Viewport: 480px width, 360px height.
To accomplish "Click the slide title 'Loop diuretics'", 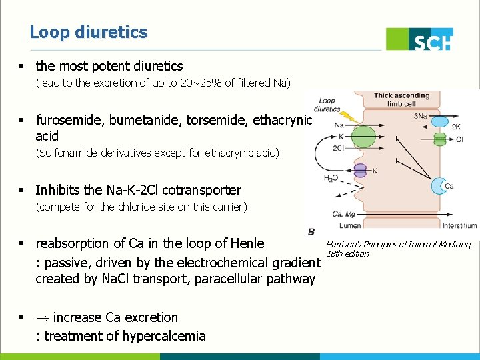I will tap(89, 32).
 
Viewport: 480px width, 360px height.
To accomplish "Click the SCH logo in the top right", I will tap(420, 39).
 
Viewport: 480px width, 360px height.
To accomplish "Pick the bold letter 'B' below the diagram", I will tap(311, 231).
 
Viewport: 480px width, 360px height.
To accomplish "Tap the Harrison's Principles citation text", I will tap(399, 249).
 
